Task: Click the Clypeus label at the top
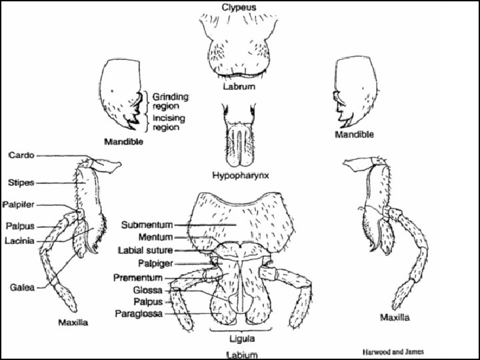coord(239,7)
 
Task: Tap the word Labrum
coord(239,87)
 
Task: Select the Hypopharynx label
coord(240,175)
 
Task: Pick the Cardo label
coord(22,155)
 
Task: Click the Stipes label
coord(21,182)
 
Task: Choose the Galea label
coord(23,287)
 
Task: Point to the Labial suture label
coord(145,250)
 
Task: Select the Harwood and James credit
coord(393,351)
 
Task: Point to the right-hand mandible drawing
coord(353,93)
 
